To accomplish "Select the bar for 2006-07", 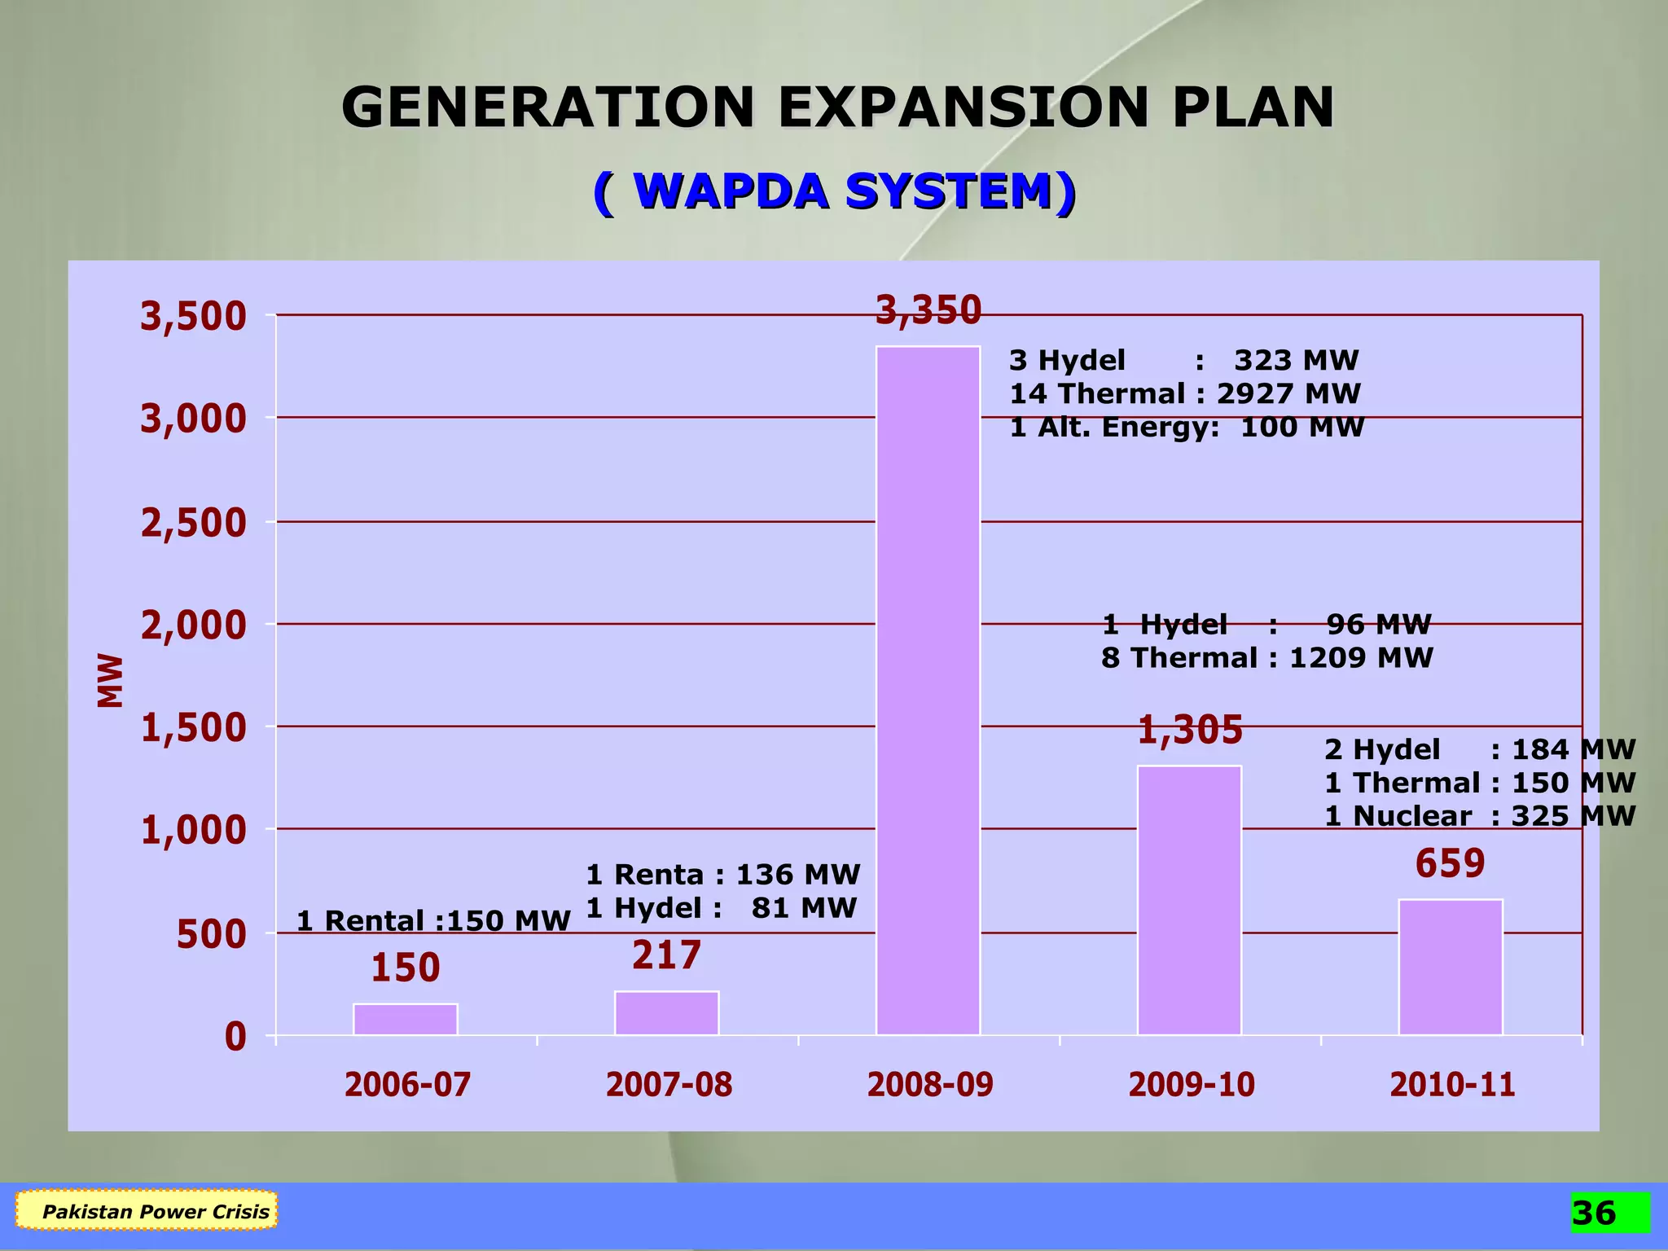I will [405, 1019].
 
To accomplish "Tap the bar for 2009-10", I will [1189, 900].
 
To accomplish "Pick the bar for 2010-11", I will [1451, 967].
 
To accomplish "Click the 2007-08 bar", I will [666, 1012].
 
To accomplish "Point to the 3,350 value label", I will [928, 310].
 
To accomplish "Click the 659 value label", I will [1450, 863].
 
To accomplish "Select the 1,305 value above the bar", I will [1190, 730].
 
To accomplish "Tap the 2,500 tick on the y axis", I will [193, 523].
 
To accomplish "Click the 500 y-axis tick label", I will [211, 935].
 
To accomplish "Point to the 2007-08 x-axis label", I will [669, 1085].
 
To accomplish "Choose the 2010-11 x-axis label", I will [1452, 1085].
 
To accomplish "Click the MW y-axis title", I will [110, 680].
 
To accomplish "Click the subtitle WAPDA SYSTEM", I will [835, 192].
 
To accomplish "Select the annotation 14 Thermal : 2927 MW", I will [1185, 394].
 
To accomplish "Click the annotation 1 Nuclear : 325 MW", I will [1479, 816].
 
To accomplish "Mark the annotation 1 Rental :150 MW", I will [433, 921].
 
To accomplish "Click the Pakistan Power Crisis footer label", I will [155, 1211].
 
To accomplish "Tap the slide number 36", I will [1594, 1213].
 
